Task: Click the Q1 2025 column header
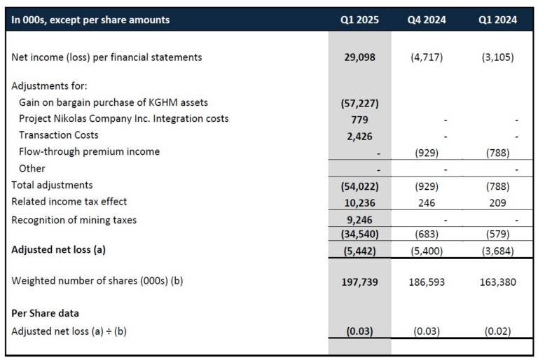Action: (359, 20)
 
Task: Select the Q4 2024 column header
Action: (427, 20)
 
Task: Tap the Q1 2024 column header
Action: (497, 20)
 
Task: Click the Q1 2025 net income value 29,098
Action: (359, 57)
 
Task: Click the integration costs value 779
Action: (359, 120)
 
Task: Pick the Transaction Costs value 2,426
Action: (359, 137)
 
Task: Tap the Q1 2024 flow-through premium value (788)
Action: (497, 153)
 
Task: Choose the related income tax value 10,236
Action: (359, 203)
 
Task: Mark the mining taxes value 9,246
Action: (359, 220)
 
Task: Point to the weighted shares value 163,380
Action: (497, 282)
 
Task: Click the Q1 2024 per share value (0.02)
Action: (497, 331)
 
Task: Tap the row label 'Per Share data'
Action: (46, 313)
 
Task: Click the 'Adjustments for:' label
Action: (50, 85)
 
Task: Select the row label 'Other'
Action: (32, 169)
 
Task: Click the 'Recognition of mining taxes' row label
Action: (74, 220)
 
